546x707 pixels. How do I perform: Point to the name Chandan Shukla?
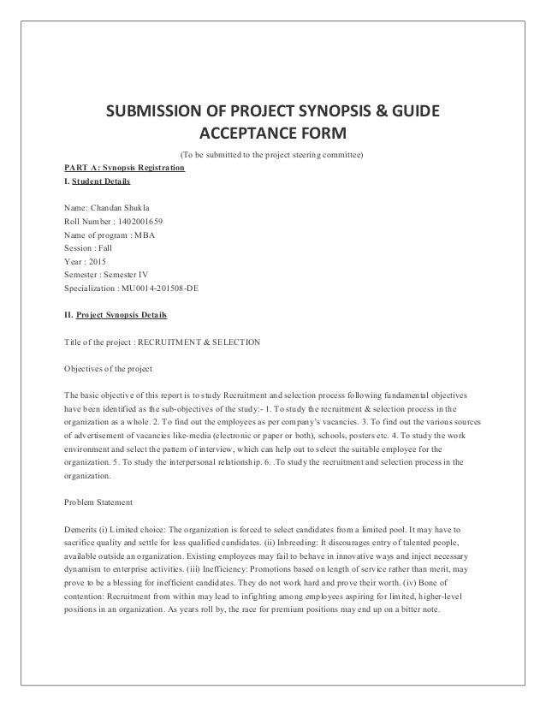116,208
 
